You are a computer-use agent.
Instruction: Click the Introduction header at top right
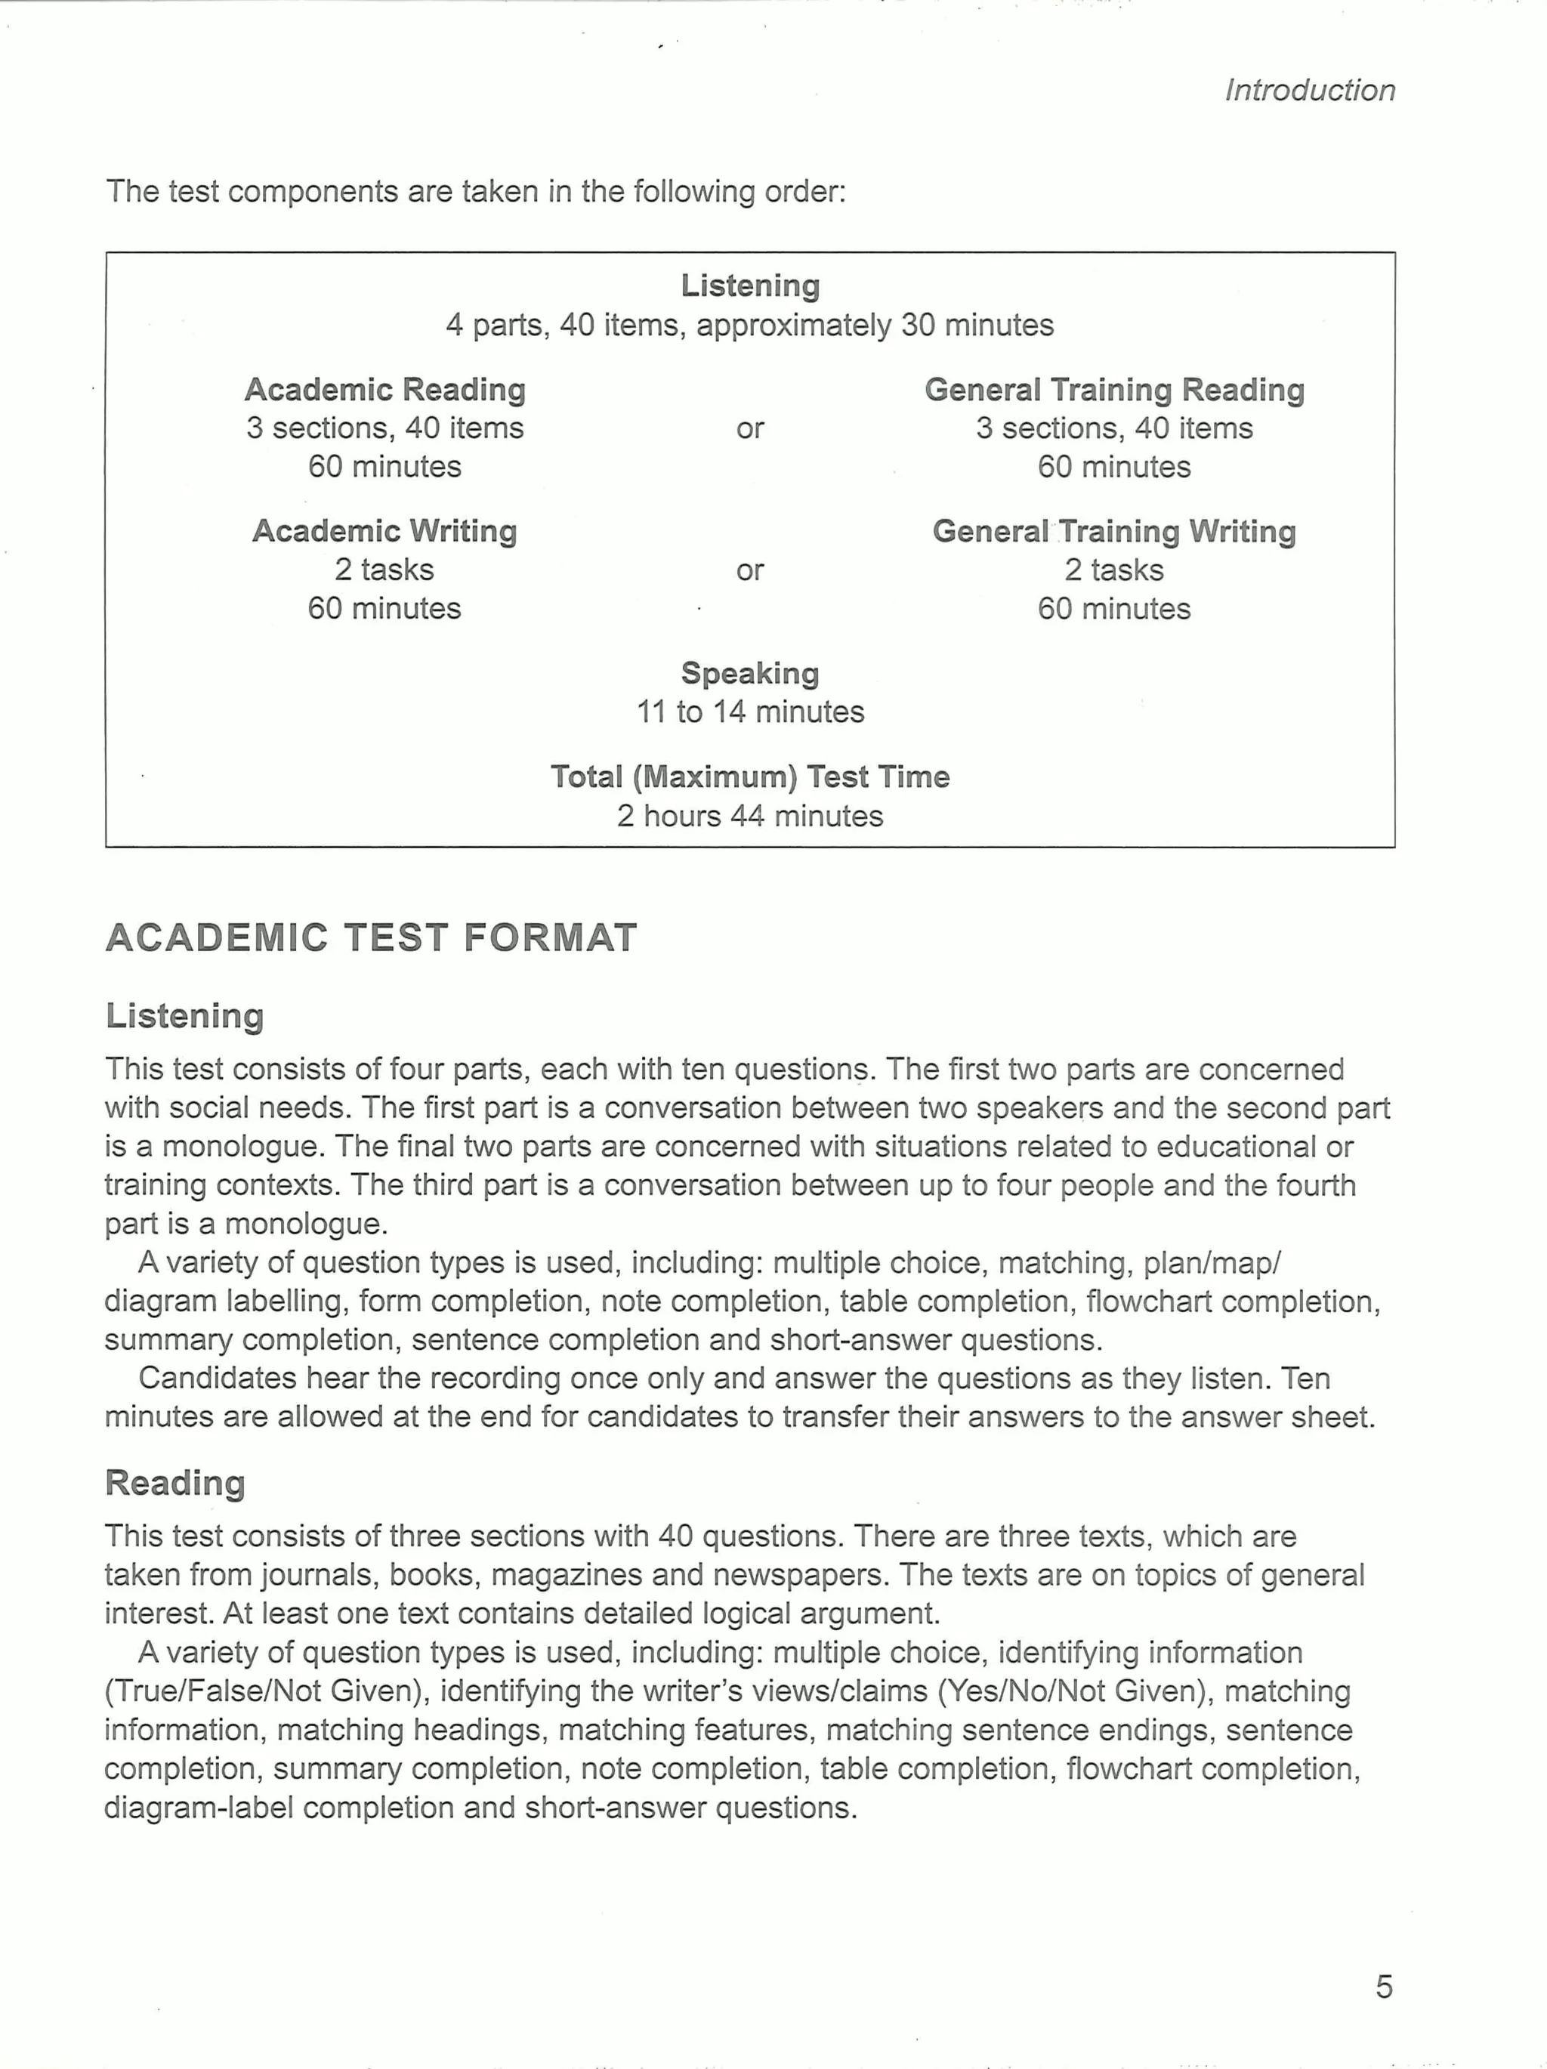click(1309, 91)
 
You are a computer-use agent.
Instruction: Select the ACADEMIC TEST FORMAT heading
click(372, 938)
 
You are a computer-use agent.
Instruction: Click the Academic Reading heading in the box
click(384, 389)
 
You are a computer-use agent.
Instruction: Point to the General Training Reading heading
click(1114, 389)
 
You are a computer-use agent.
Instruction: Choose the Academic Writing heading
click(384, 531)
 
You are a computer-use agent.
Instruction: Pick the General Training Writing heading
click(1114, 531)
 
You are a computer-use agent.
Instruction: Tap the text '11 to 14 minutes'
click(750, 712)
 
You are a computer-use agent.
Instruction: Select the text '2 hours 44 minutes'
click(750, 816)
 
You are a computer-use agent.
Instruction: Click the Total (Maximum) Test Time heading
click(750, 777)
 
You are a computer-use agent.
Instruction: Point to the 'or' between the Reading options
click(750, 428)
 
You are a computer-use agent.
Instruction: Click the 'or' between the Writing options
click(750, 570)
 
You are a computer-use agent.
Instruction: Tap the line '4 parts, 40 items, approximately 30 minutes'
click(750, 326)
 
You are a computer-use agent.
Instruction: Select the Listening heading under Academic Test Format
click(184, 1016)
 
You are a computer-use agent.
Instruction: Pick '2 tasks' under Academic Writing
click(384, 570)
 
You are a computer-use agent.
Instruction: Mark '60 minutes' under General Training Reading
click(1114, 467)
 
